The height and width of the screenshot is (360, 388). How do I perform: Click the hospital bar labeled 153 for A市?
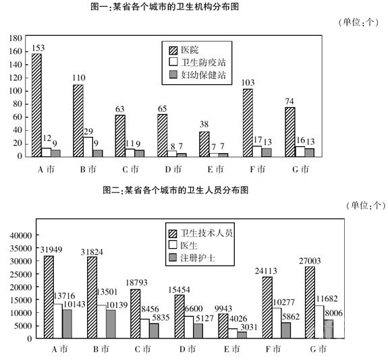(36, 105)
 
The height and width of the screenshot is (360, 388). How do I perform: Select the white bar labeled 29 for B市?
(88, 147)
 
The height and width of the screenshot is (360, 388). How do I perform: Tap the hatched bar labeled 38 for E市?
(204, 144)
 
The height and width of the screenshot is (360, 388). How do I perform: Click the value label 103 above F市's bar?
(248, 82)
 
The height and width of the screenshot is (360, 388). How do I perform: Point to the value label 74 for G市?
(289, 101)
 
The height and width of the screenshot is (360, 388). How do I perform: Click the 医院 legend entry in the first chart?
(184, 50)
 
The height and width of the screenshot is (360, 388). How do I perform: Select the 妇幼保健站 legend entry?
(197, 75)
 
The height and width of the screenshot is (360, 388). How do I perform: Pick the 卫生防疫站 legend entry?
(197, 62)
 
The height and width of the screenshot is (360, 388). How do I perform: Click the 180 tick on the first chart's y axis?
(16, 38)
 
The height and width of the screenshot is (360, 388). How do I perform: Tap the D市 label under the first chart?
(173, 169)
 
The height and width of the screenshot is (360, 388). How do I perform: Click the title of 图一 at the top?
(165, 7)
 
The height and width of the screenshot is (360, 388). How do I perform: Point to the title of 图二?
(175, 190)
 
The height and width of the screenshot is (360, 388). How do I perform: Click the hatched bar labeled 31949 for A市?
(49, 297)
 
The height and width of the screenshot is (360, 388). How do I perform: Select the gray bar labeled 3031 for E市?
(242, 335)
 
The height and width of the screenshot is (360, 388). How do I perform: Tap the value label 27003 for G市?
(310, 261)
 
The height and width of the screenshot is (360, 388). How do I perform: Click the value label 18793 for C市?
(136, 282)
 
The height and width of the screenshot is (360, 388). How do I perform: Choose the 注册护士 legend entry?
(192, 258)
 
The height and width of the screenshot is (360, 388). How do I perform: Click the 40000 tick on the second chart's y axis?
(21, 235)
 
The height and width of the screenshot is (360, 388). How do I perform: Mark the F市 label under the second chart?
(273, 349)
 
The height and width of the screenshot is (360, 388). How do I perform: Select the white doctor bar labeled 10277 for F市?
(277, 323)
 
